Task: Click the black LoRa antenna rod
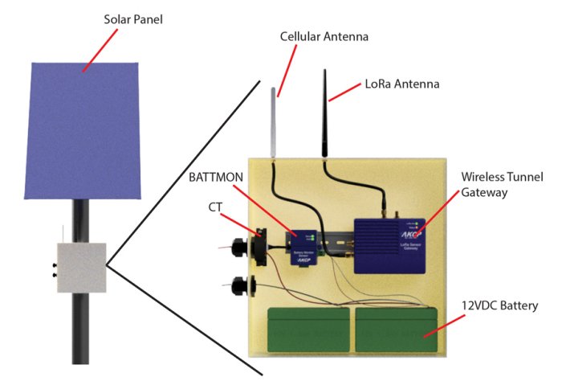327,113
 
